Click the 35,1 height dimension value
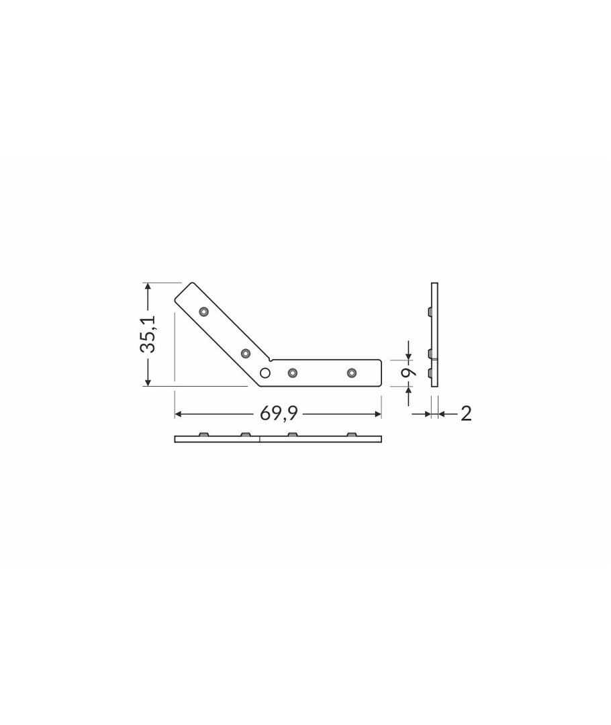149,334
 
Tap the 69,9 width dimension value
279,414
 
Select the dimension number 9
408,372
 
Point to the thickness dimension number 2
466,414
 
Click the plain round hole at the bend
265,373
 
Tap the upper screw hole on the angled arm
204,311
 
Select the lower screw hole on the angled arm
246,354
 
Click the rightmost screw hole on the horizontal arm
352,373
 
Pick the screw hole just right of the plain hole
292,373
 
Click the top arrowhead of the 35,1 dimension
148,287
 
